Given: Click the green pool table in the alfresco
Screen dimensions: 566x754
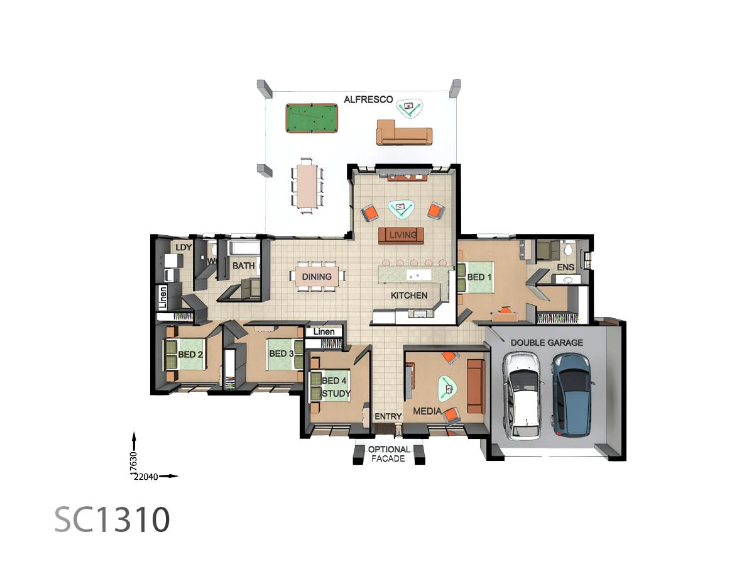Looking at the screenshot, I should click(312, 118).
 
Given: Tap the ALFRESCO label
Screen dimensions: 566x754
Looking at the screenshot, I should click(368, 99).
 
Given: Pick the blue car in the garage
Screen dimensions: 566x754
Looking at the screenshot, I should click(572, 394).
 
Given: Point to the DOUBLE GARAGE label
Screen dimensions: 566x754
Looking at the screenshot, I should click(547, 343).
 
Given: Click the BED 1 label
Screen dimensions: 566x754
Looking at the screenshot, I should click(476, 277).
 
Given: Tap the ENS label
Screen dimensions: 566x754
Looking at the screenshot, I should click(565, 268).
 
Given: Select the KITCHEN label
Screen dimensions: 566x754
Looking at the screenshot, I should click(409, 295).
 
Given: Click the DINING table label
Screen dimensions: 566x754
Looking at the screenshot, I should click(317, 277).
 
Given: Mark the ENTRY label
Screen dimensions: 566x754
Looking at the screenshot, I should click(388, 416).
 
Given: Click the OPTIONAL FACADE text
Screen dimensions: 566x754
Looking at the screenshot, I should click(389, 454).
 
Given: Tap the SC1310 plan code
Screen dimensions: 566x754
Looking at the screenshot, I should click(112, 519).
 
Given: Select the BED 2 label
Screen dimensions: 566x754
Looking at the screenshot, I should click(190, 354).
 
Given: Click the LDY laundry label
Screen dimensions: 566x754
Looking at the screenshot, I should click(183, 247).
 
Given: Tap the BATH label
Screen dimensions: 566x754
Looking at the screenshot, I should click(244, 266).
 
